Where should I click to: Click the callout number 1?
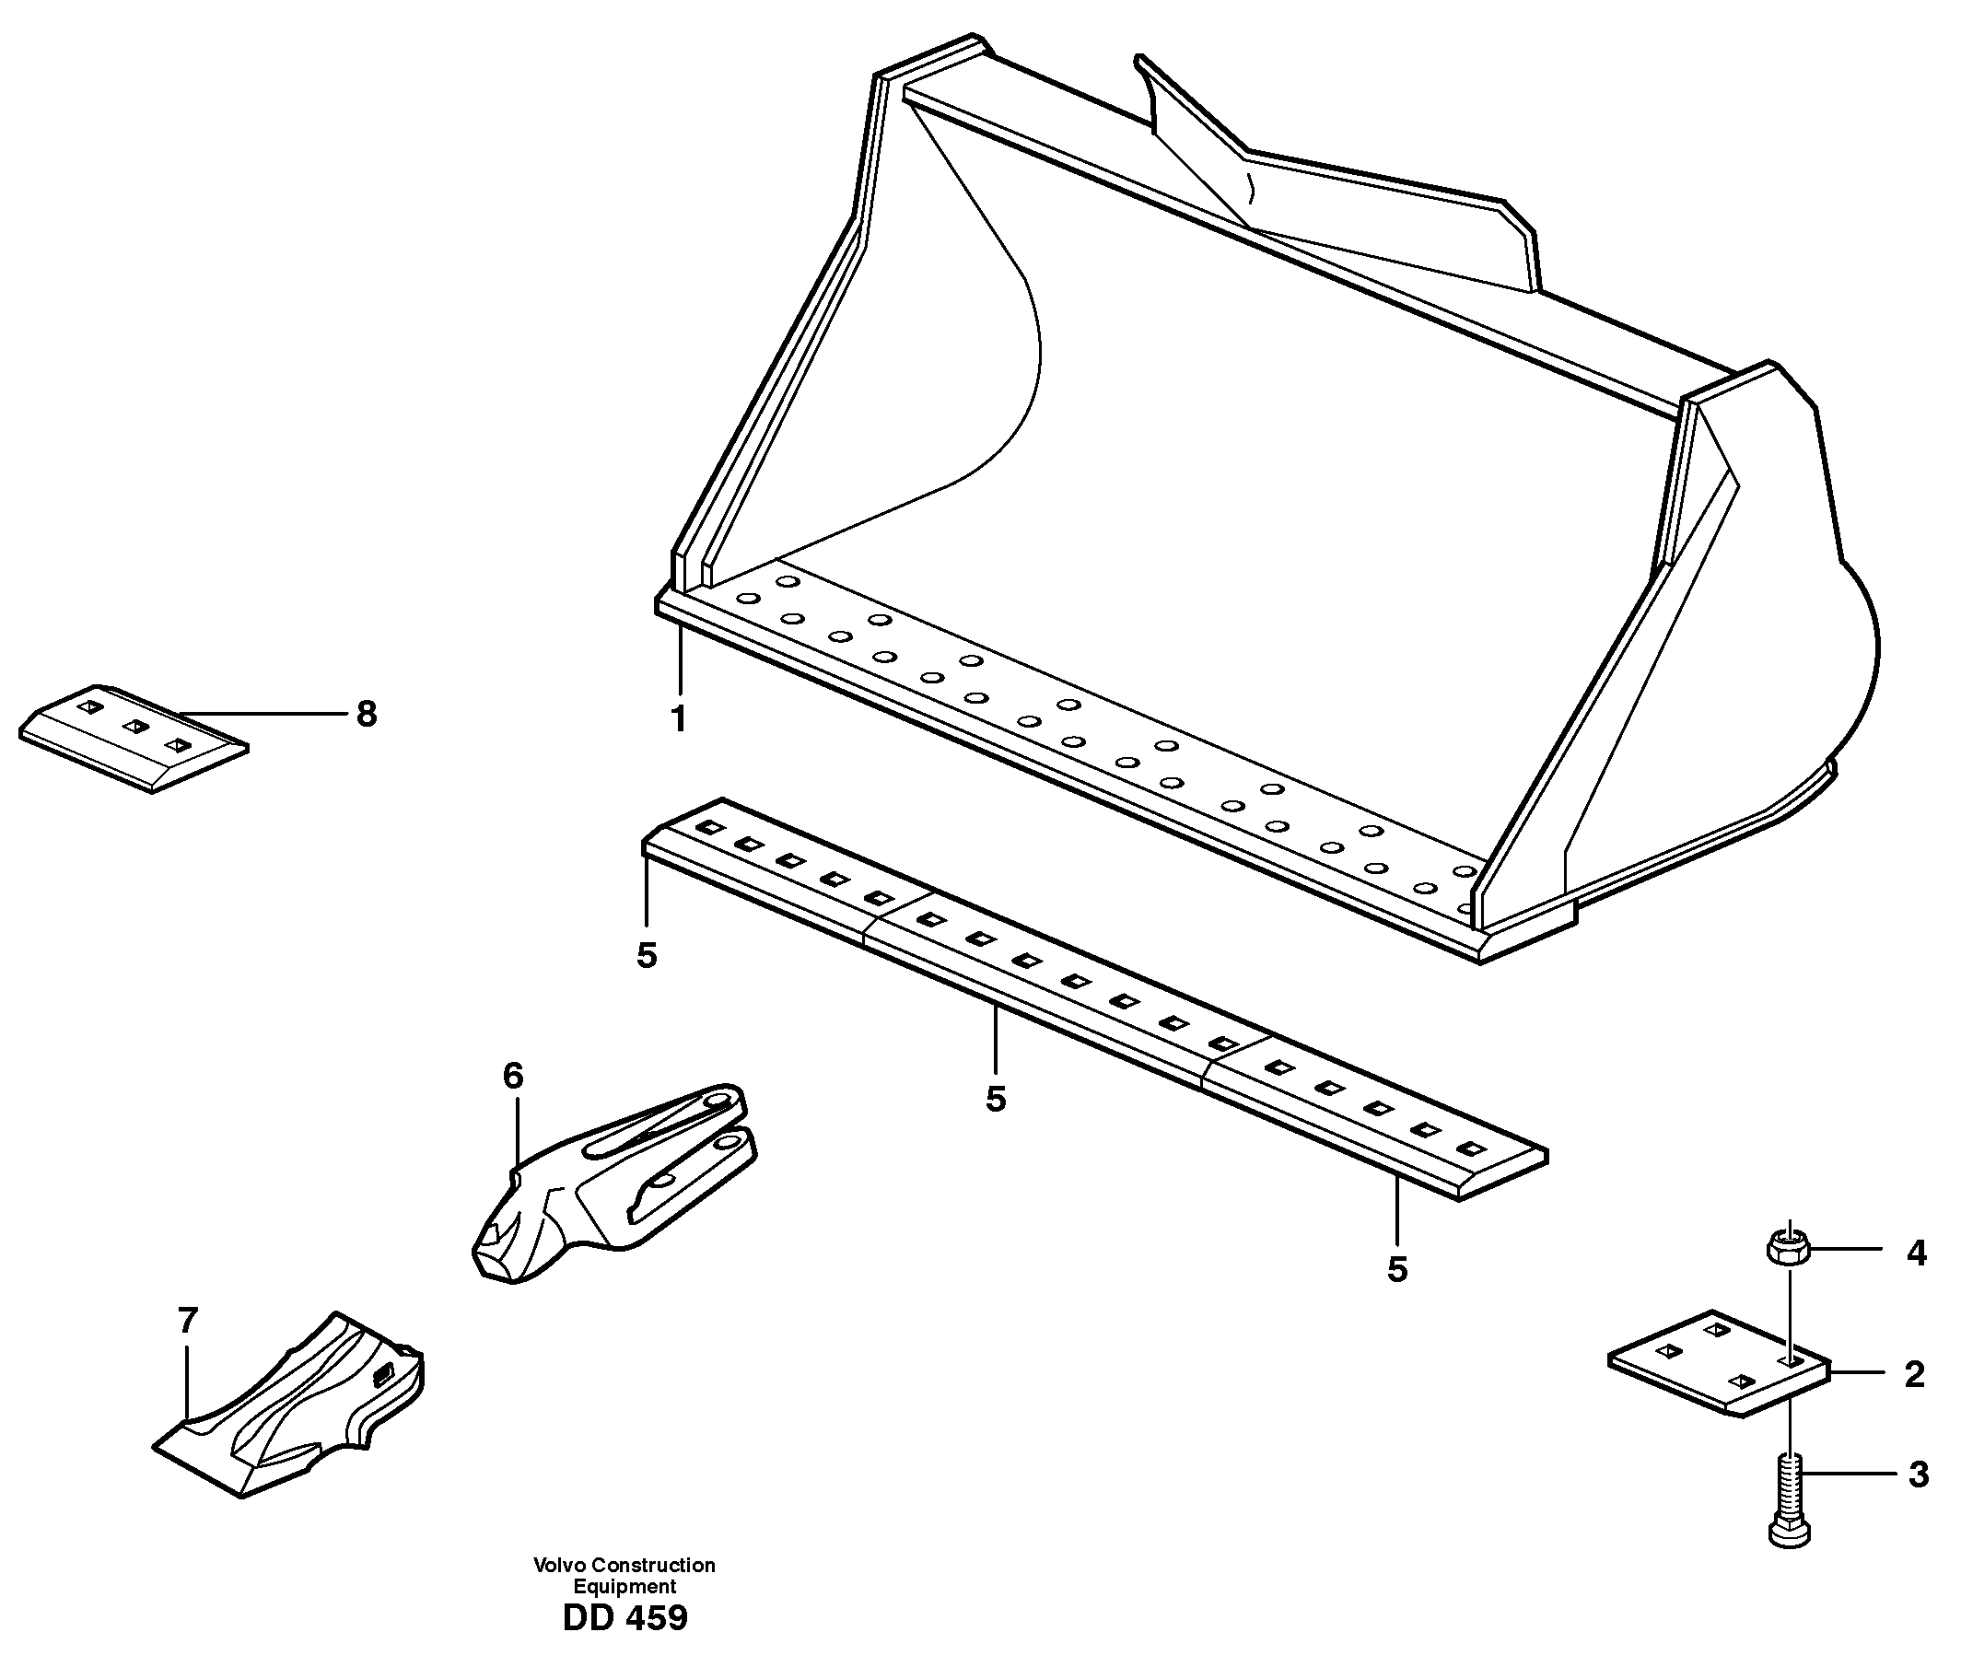tap(678, 720)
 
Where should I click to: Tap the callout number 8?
tap(367, 715)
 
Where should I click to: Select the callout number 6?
tap(512, 1076)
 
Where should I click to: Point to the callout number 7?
tap(188, 1320)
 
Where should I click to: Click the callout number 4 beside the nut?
tap(1916, 1253)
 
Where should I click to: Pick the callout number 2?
tap(1915, 1375)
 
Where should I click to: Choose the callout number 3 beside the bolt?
tap(1918, 1475)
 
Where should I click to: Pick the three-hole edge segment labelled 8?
tap(133, 737)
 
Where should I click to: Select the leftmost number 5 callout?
tap(647, 955)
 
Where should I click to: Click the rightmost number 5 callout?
tap(1396, 1269)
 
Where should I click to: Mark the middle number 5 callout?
tap(995, 1099)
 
